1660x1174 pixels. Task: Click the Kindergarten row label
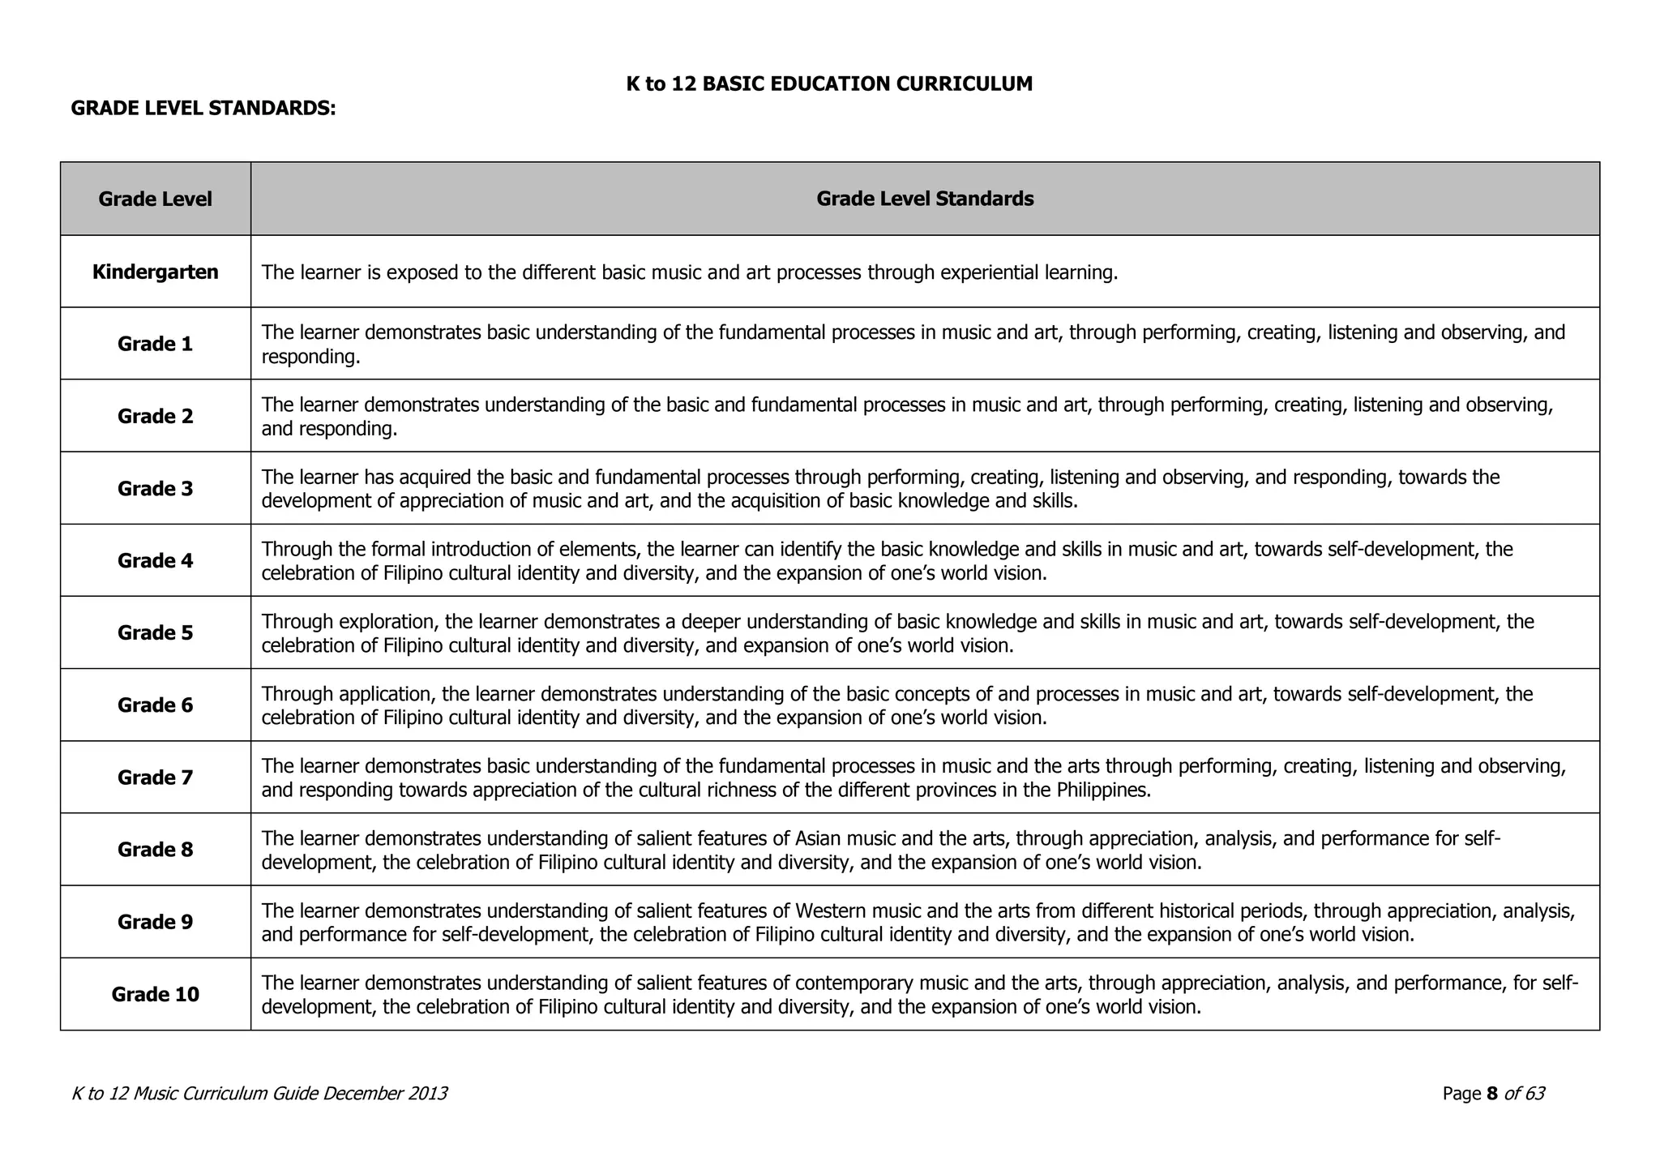(x=155, y=272)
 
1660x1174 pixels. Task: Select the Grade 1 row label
(x=155, y=344)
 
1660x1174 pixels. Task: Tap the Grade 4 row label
(x=155, y=560)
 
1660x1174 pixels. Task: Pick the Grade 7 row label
(x=155, y=778)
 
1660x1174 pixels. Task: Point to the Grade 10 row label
(x=155, y=994)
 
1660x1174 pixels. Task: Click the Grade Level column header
(x=155, y=199)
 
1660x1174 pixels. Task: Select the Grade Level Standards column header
(x=924, y=199)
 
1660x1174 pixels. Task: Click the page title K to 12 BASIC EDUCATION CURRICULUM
(x=829, y=84)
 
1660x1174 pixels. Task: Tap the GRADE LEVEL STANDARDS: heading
(x=203, y=108)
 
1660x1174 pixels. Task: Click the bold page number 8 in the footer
(x=1492, y=1094)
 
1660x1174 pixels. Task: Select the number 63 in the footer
(x=1534, y=1094)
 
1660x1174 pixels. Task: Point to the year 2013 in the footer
(x=428, y=1094)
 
